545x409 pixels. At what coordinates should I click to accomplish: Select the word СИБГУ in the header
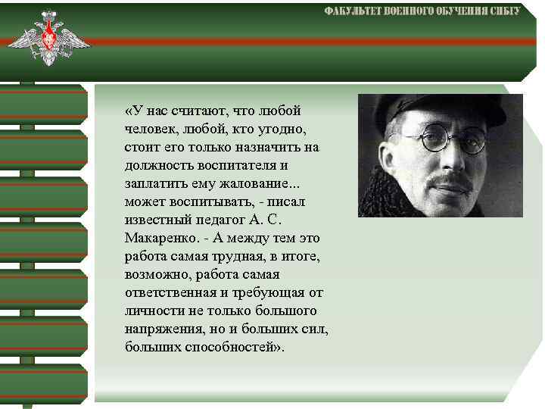coord(503,11)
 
